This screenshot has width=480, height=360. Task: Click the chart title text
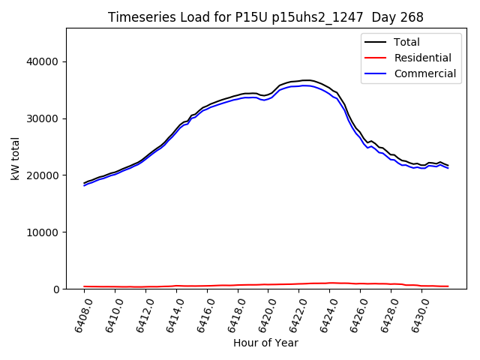[x=265, y=17]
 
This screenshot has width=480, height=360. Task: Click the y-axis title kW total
[x=16, y=159]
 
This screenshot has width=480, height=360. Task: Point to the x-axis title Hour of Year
[x=265, y=343]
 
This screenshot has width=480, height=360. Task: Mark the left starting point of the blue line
[x=84, y=185]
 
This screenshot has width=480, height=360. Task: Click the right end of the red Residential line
[x=448, y=286]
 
